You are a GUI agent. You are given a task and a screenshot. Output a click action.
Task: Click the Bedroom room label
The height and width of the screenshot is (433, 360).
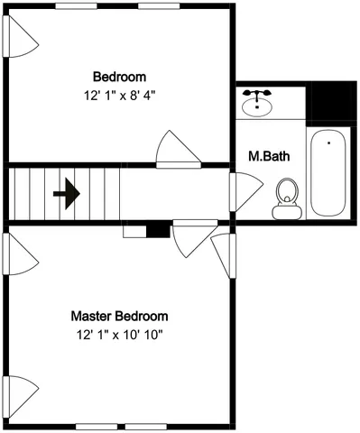tap(119, 77)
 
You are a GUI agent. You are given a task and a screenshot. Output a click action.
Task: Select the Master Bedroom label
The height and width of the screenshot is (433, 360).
tap(119, 317)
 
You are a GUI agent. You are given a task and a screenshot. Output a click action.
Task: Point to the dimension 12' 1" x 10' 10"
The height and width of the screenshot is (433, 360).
tap(119, 335)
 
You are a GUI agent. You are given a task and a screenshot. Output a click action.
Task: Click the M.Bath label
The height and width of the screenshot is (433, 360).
tap(269, 156)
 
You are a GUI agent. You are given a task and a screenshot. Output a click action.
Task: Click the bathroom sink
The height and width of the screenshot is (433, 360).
tap(260, 105)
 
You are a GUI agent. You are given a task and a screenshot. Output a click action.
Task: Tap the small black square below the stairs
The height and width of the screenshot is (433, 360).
tap(158, 231)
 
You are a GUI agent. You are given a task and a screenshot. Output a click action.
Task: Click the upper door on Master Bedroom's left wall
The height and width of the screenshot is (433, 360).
tap(22, 255)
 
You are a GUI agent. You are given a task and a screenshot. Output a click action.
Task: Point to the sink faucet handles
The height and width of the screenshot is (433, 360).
tap(260, 93)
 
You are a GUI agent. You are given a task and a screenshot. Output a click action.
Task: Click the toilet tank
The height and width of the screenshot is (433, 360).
tap(287, 211)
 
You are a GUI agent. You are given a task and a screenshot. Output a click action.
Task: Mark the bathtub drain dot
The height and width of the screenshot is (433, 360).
tap(328, 142)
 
